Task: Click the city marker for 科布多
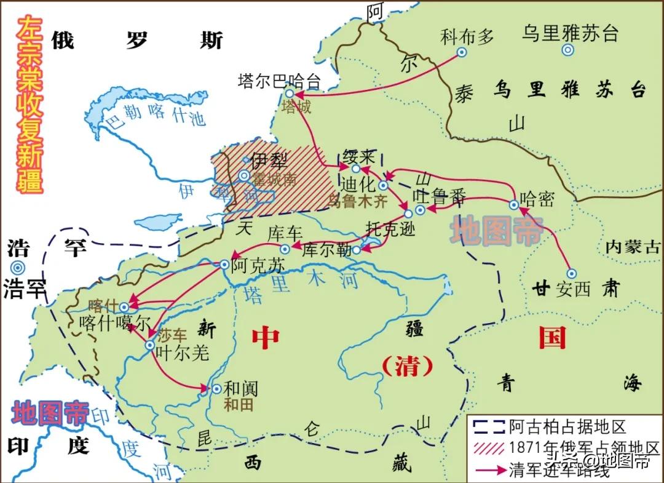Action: (x=462, y=52)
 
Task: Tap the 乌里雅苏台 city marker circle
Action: (x=569, y=52)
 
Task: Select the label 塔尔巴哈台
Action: (x=279, y=81)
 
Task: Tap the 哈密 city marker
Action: (x=514, y=204)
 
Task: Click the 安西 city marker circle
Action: (x=571, y=273)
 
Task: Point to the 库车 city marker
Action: (x=285, y=249)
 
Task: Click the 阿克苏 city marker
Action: (x=224, y=264)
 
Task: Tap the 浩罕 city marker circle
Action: (x=17, y=267)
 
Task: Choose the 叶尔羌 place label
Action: (x=183, y=352)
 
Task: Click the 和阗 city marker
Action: (x=216, y=388)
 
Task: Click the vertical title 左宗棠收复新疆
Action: (x=30, y=105)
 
